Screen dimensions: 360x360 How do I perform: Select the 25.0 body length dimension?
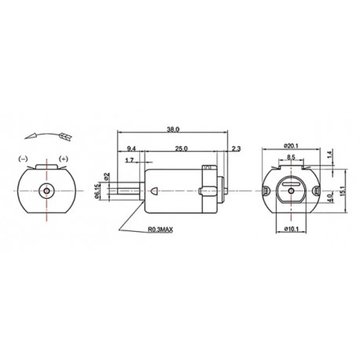(x=180, y=148)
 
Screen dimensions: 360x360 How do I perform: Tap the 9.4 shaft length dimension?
(x=131, y=148)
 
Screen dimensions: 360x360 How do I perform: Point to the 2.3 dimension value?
(x=236, y=148)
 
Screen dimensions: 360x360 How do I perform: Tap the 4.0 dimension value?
(x=330, y=190)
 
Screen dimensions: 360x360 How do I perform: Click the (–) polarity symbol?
(x=24, y=159)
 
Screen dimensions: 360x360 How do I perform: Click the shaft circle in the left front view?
(x=48, y=190)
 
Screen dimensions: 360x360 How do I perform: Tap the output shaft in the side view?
(x=129, y=191)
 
